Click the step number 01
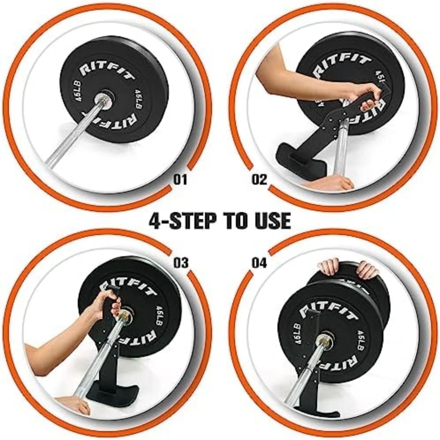point(180,179)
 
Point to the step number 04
point(259,262)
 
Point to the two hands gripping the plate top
point(345,268)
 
